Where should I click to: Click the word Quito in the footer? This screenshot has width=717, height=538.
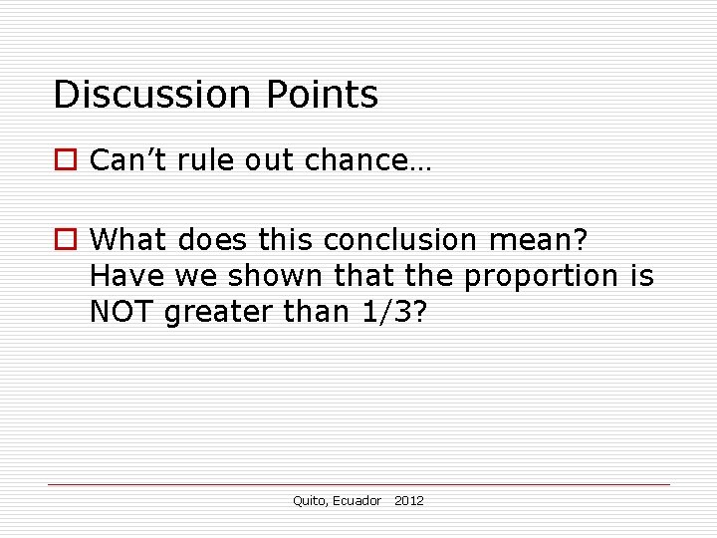(309, 500)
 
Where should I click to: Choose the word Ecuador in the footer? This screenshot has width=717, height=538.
(357, 500)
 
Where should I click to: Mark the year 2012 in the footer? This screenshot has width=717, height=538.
(408, 500)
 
